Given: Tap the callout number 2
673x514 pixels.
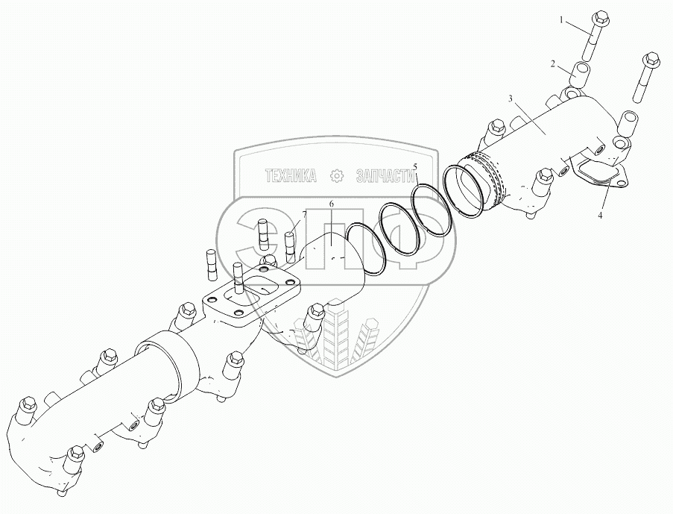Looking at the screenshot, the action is pos(553,65).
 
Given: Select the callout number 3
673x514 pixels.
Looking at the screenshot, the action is pos(510,98).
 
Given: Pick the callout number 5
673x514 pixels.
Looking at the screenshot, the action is pos(417,166).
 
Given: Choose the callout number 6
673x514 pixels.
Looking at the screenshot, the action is pos(332,204).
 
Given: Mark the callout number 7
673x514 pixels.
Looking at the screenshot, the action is pos(303,215).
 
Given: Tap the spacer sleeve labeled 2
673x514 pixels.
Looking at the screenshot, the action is pos(581,75).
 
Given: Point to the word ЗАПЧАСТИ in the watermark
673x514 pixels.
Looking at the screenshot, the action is pos(385,176).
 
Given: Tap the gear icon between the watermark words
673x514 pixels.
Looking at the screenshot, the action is pos(335,176).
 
